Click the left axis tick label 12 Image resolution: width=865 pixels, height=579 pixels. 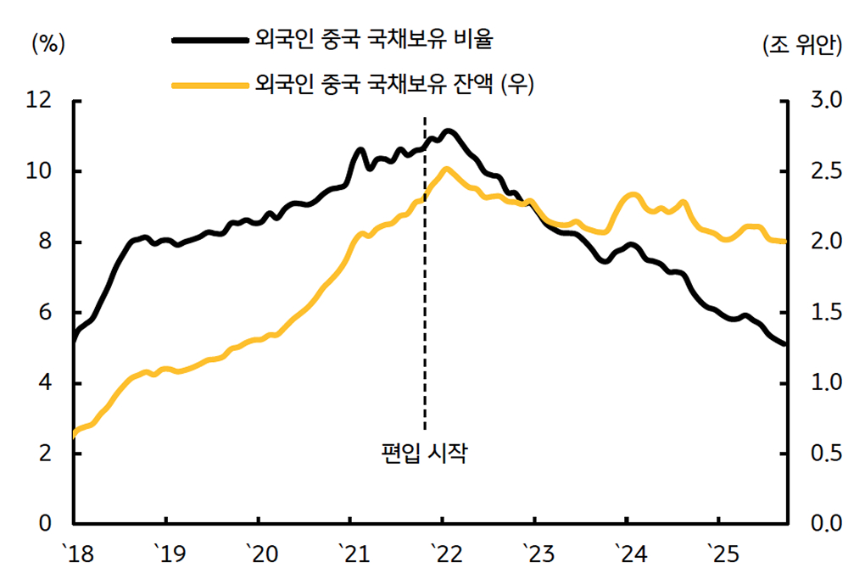(x=40, y=101)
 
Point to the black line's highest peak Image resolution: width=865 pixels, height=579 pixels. (x=449, y=131)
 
